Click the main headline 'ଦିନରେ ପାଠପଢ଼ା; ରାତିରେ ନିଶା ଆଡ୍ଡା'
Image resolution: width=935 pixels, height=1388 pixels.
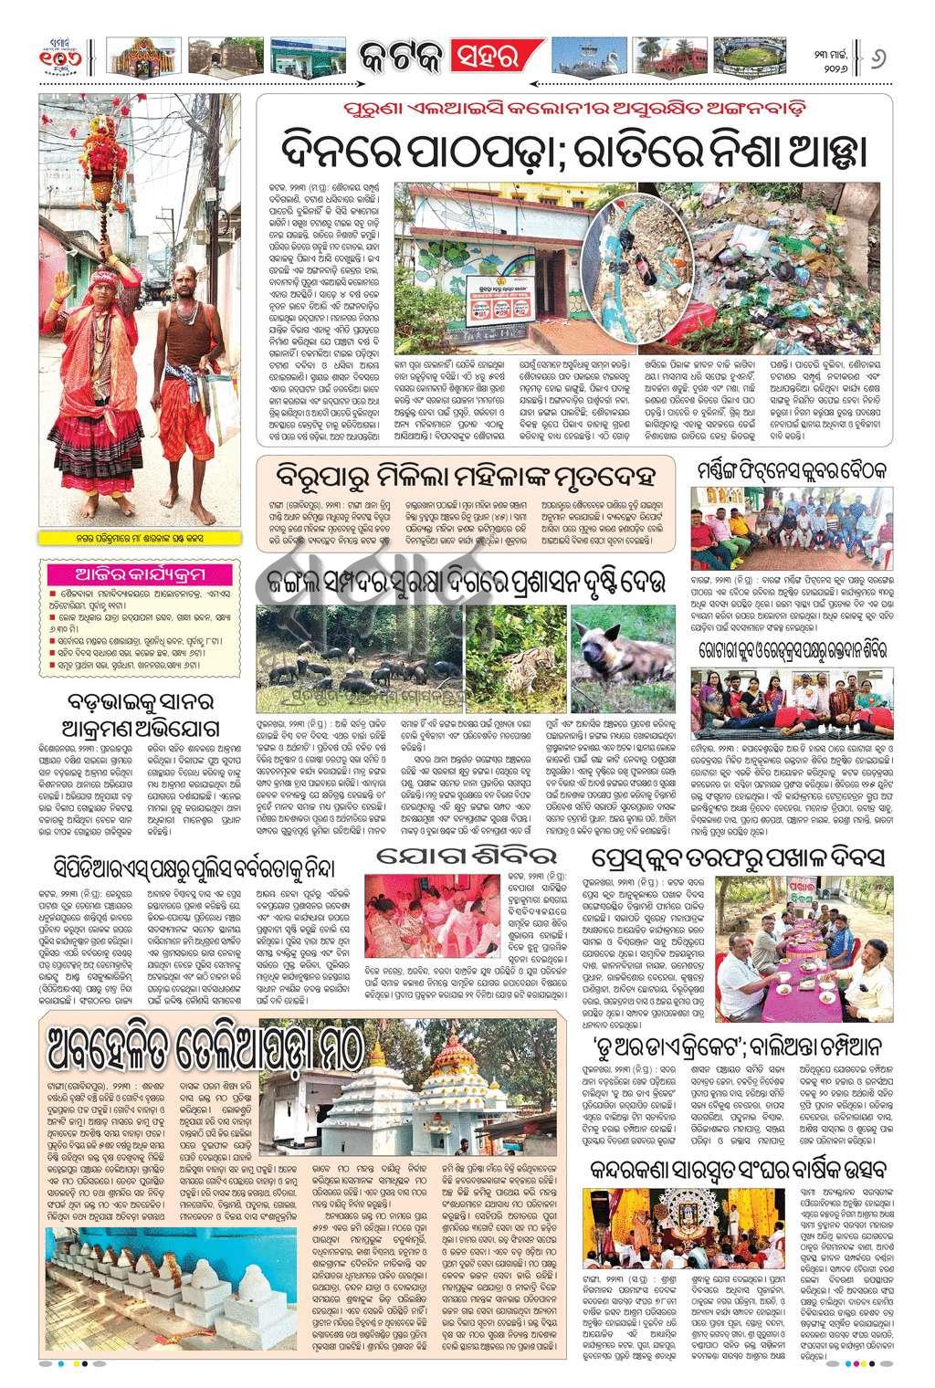(x=573, y=143)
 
